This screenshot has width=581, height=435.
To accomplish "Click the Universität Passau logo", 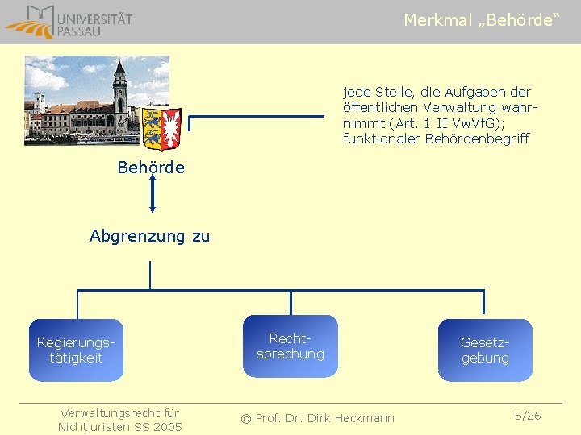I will coord(68,22).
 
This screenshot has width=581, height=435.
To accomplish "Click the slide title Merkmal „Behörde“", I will coord(481,20).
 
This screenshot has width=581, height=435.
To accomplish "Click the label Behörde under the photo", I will coord(151,168).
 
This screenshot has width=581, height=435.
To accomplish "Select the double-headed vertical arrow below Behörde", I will coord(152,196).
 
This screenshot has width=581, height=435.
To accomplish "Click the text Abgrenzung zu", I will coord(149,236).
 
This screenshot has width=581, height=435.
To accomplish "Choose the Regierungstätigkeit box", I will coord(76,350).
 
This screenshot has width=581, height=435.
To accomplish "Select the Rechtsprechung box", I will coord(290,346).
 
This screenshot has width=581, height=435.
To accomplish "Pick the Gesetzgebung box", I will coord(485,350).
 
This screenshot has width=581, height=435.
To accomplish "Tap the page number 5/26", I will coord(528,416).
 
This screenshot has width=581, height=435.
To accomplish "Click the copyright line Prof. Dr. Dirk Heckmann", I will coord(318,417).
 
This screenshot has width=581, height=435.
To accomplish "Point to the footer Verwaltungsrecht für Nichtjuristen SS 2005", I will coord(119,420).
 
